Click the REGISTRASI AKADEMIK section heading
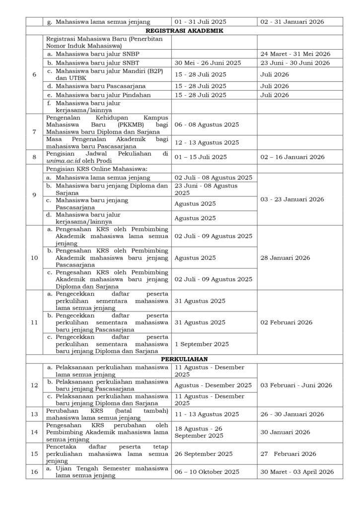[x=184, y=30]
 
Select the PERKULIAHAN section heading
[x=184, y=359]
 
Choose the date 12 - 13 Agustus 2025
[x=207, y=142]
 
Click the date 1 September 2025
[x=202, y=344]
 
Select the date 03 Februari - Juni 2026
[x=296, y=385]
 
